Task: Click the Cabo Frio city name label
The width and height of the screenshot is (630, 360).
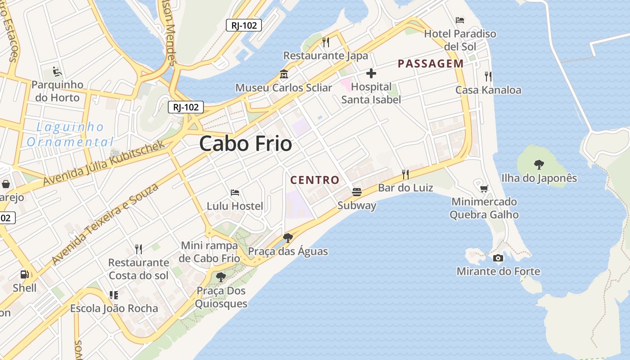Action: click(245, 144)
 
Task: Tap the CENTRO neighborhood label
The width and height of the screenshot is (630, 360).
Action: click(315, 180)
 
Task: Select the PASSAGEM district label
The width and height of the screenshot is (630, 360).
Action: click(430, 63)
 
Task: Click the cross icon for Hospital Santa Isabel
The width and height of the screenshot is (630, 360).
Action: click(371, 73)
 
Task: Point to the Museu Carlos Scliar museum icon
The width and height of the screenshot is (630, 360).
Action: click(284, 74)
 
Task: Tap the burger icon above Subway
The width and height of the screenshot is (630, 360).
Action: click(357, 192)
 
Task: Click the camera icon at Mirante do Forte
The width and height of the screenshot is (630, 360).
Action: click(498, 258)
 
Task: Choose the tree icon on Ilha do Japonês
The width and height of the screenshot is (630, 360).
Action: click(539, 165)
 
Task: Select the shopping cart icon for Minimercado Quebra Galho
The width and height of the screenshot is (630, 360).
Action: click(484, 189)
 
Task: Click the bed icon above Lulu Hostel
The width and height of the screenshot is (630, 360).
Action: click(234, 193)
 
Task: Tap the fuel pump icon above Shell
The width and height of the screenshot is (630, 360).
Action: click(25, 274)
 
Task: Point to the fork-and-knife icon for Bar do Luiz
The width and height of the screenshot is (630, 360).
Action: click(405, 174)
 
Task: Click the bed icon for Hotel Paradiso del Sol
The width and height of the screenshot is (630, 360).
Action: click(460, 20)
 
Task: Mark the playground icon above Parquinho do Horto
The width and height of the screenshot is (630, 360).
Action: click(57, 72)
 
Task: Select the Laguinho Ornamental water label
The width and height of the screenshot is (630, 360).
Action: click(70, 135)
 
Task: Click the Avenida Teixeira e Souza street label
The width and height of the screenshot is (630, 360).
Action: click(105, 223)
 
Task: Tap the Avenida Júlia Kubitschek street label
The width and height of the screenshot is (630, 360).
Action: click(104, 163)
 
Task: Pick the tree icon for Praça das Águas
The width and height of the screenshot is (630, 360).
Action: click(288, 238)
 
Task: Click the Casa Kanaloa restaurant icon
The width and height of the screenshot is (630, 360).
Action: click(488, 76)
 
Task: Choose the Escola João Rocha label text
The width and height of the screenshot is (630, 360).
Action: click(114, 309)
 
